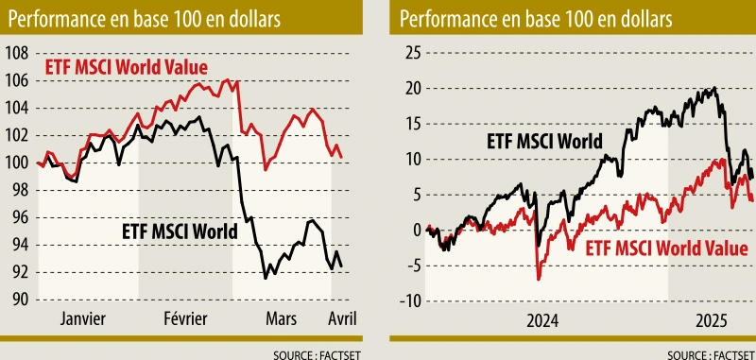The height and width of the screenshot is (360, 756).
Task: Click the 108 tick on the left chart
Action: [x=17, y=53]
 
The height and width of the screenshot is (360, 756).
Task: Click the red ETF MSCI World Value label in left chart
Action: [x=127, y=67]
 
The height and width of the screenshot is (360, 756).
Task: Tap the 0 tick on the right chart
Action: [x=413, y=230]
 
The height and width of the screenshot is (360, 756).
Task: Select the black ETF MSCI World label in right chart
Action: [x=544, y=142]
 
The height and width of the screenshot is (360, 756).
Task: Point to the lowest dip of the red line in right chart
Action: [x=538, y=279]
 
